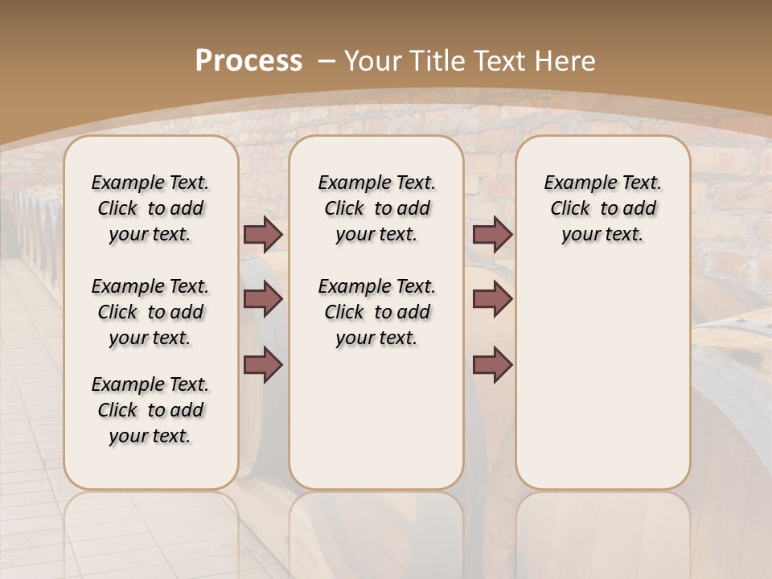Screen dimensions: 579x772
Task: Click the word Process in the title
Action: (x=248, y=60)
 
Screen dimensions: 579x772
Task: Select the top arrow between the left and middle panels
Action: (x=263, y=235)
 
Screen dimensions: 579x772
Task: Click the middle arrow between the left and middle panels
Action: (x=263, y=299)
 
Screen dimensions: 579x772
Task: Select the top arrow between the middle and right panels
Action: (x=492, y=235)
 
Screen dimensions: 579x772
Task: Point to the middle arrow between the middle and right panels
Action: (x=492, y=299)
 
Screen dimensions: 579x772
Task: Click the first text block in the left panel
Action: (x=150, y=208)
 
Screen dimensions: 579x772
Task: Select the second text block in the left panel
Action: (x=150, y=312)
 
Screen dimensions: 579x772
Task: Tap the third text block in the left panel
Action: (x=150, y=410)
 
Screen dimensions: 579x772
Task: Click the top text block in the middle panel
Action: (x=376, y=208)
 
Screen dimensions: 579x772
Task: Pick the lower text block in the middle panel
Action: (x=376, y=312)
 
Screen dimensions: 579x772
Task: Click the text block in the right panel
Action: (x=602, y=208)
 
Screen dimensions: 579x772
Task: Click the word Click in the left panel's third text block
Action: (x=117, y=410)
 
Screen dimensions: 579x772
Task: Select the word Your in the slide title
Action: (x=375, y=60)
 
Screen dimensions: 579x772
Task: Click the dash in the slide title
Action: (x=326, y=60)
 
